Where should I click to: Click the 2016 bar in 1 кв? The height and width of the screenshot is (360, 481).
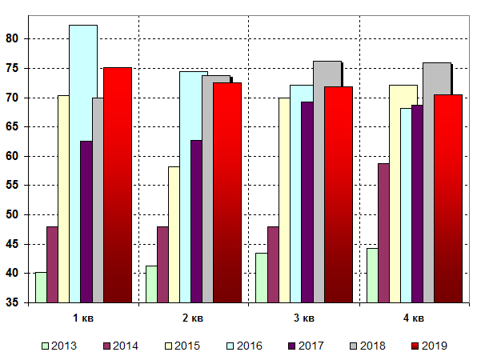(83, 160)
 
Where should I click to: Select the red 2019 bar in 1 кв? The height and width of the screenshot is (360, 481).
(118, 184)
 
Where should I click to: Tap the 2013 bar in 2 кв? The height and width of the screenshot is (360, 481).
(151, 284)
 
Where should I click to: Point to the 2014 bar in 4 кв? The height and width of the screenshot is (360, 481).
(383, 232)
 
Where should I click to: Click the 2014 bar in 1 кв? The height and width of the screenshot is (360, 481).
(52, 264)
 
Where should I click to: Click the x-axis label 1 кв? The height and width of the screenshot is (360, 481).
(83, 318)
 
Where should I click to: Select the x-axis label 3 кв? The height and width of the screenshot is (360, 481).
(303, 318)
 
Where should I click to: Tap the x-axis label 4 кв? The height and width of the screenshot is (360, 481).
(414, 318)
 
